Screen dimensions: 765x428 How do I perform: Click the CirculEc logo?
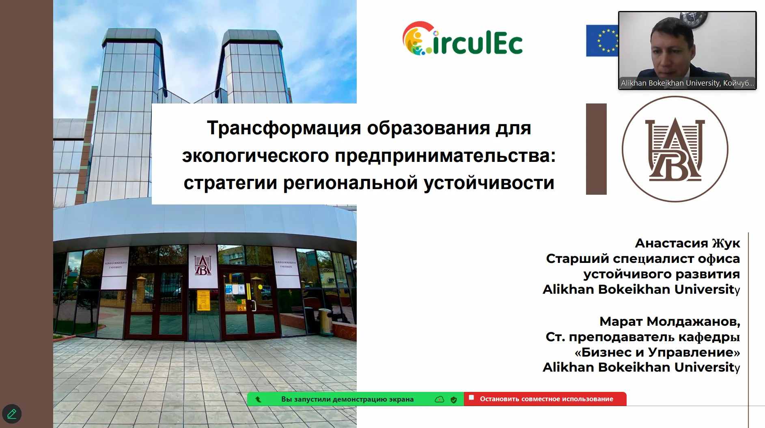462,39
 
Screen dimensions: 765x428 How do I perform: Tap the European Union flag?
602,41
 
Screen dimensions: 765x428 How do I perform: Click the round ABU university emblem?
675,149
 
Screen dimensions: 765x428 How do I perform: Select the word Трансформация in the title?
284,128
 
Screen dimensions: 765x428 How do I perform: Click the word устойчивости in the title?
489,183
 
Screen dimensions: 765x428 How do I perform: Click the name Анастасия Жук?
687,243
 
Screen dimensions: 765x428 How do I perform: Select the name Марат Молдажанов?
670,321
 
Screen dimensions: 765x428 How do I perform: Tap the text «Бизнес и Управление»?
657,352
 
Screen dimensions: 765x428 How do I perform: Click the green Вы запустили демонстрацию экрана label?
347,399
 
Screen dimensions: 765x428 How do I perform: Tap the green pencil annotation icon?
12,414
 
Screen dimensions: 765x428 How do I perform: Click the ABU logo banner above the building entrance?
203,266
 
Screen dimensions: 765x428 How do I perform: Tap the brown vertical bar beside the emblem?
596,149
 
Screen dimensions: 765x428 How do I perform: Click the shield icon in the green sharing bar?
454,400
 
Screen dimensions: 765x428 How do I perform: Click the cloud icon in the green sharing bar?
440,399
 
